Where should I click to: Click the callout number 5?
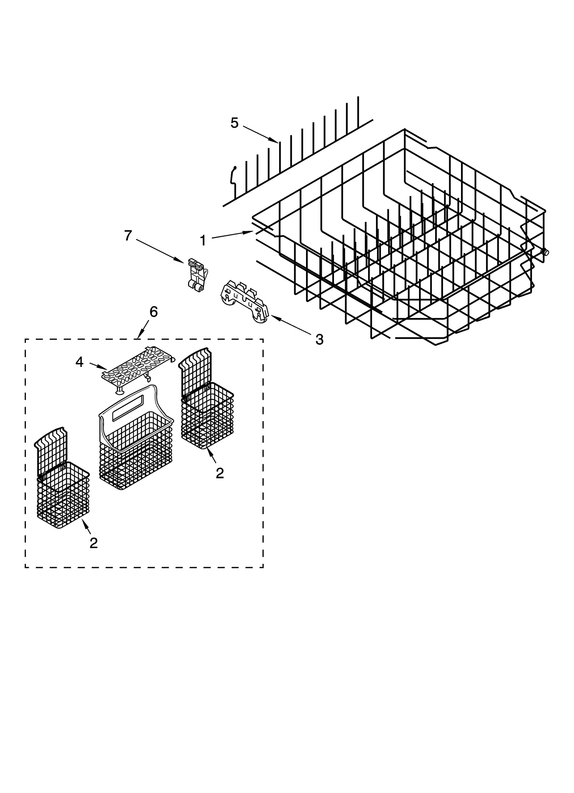click(x=234, y=123)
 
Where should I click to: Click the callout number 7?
click(x=128, y=236)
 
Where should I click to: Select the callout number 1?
click(x=203, y=240)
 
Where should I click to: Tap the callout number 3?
click(x=319, y=339)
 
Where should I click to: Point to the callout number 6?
click(x=153, y=312)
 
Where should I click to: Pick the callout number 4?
click(x=79, y=362)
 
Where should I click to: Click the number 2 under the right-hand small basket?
click(x=220, y=473)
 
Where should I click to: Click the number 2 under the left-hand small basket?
click(x=93, y=543)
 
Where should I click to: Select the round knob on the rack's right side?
click(x=546, y=252)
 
